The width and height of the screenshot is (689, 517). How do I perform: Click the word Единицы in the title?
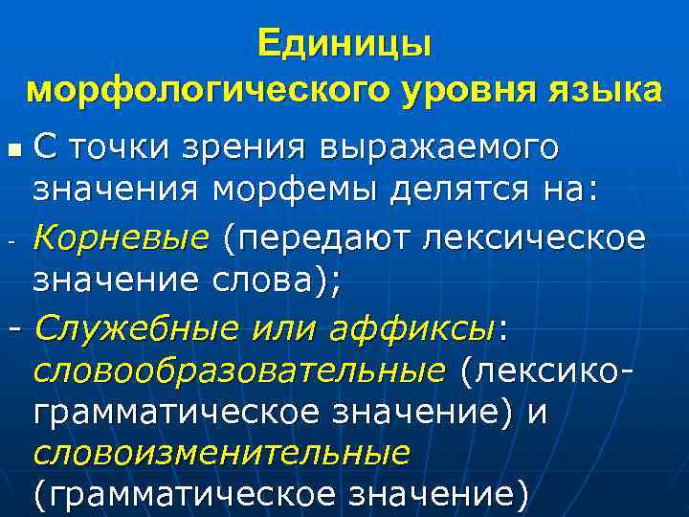pyautogui.click(x=344, y=44)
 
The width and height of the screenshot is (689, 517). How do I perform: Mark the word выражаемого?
pyautogui.click(x=440, y=149)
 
